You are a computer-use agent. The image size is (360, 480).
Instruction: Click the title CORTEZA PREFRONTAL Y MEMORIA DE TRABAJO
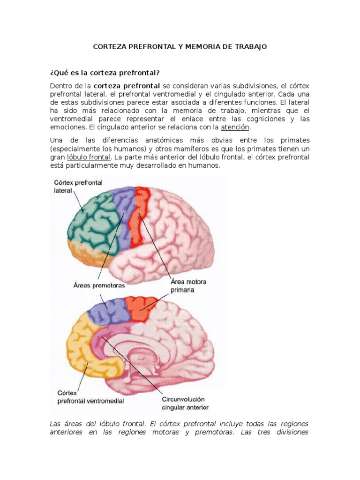click(x=180, y=47)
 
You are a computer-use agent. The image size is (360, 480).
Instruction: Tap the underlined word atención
click(x=235, y=127)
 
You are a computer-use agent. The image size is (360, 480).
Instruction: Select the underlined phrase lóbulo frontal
click(x=89, y=157)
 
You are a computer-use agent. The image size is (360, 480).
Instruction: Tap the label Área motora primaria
click(x=188, y=285)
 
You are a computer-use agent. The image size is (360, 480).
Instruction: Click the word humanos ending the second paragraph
click(x=205, y=165)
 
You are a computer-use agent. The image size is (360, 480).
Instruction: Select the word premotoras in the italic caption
click(x=210, y=432)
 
